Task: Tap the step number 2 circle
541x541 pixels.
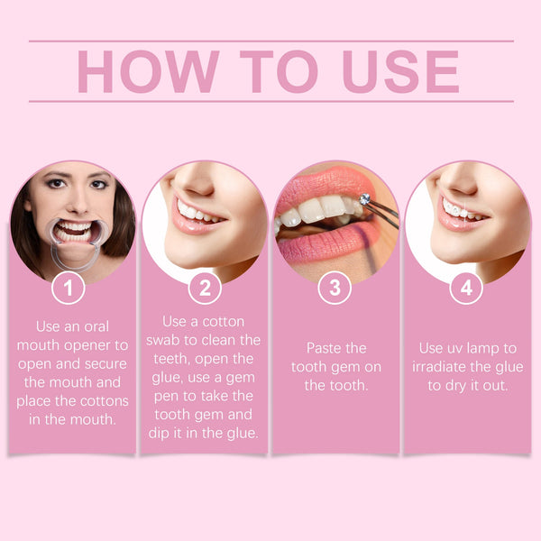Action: point(204,289)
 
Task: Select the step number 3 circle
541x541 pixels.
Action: point(335,289)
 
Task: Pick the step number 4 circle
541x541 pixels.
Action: point(465,289)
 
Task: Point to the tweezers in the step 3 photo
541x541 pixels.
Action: point(383,209)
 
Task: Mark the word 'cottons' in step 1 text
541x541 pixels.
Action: point(103,400)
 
